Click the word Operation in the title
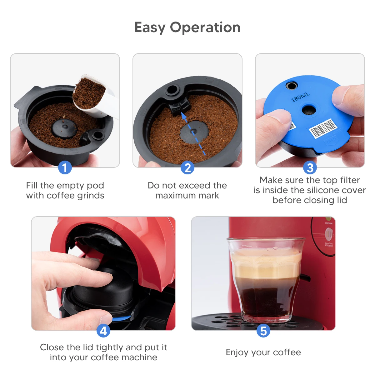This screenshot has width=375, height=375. pos(205,27)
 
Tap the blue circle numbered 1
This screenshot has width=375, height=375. pos(65,168)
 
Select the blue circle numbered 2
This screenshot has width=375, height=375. pos(187,168)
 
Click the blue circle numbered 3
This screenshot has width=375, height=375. pos(310,168)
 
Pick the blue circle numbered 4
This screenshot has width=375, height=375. pos(103,331)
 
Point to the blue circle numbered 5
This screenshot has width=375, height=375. pos(263,331)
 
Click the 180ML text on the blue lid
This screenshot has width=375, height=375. pos(300,97)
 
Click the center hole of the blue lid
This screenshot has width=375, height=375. pos(309,110)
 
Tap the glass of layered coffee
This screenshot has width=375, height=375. pos(266,278)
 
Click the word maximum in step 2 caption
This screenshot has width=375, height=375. pos(176,196)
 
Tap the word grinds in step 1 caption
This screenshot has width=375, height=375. pos(90,196)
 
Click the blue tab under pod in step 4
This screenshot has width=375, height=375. pos(122,318)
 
